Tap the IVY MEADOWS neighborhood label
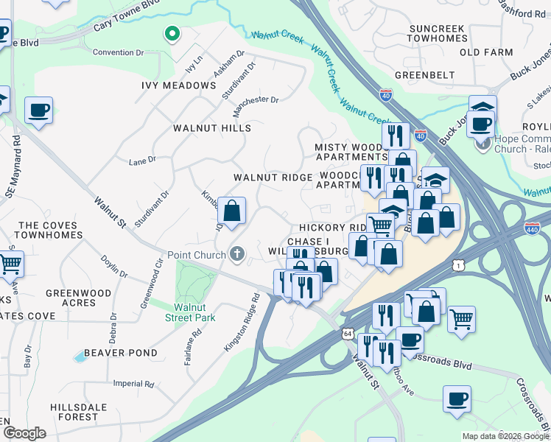coord(179,85)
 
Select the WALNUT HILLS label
coord(212,128)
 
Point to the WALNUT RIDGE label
coord(273,178)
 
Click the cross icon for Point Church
coord(236,255)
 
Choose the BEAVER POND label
coord(119,353)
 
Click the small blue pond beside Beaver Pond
coord(79,357)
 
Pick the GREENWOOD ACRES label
coord(78,298)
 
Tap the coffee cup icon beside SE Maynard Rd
coord(38,111)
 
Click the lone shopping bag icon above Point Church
coord(231,211)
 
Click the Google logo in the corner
coord(24,432)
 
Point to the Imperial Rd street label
coord(133,384)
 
